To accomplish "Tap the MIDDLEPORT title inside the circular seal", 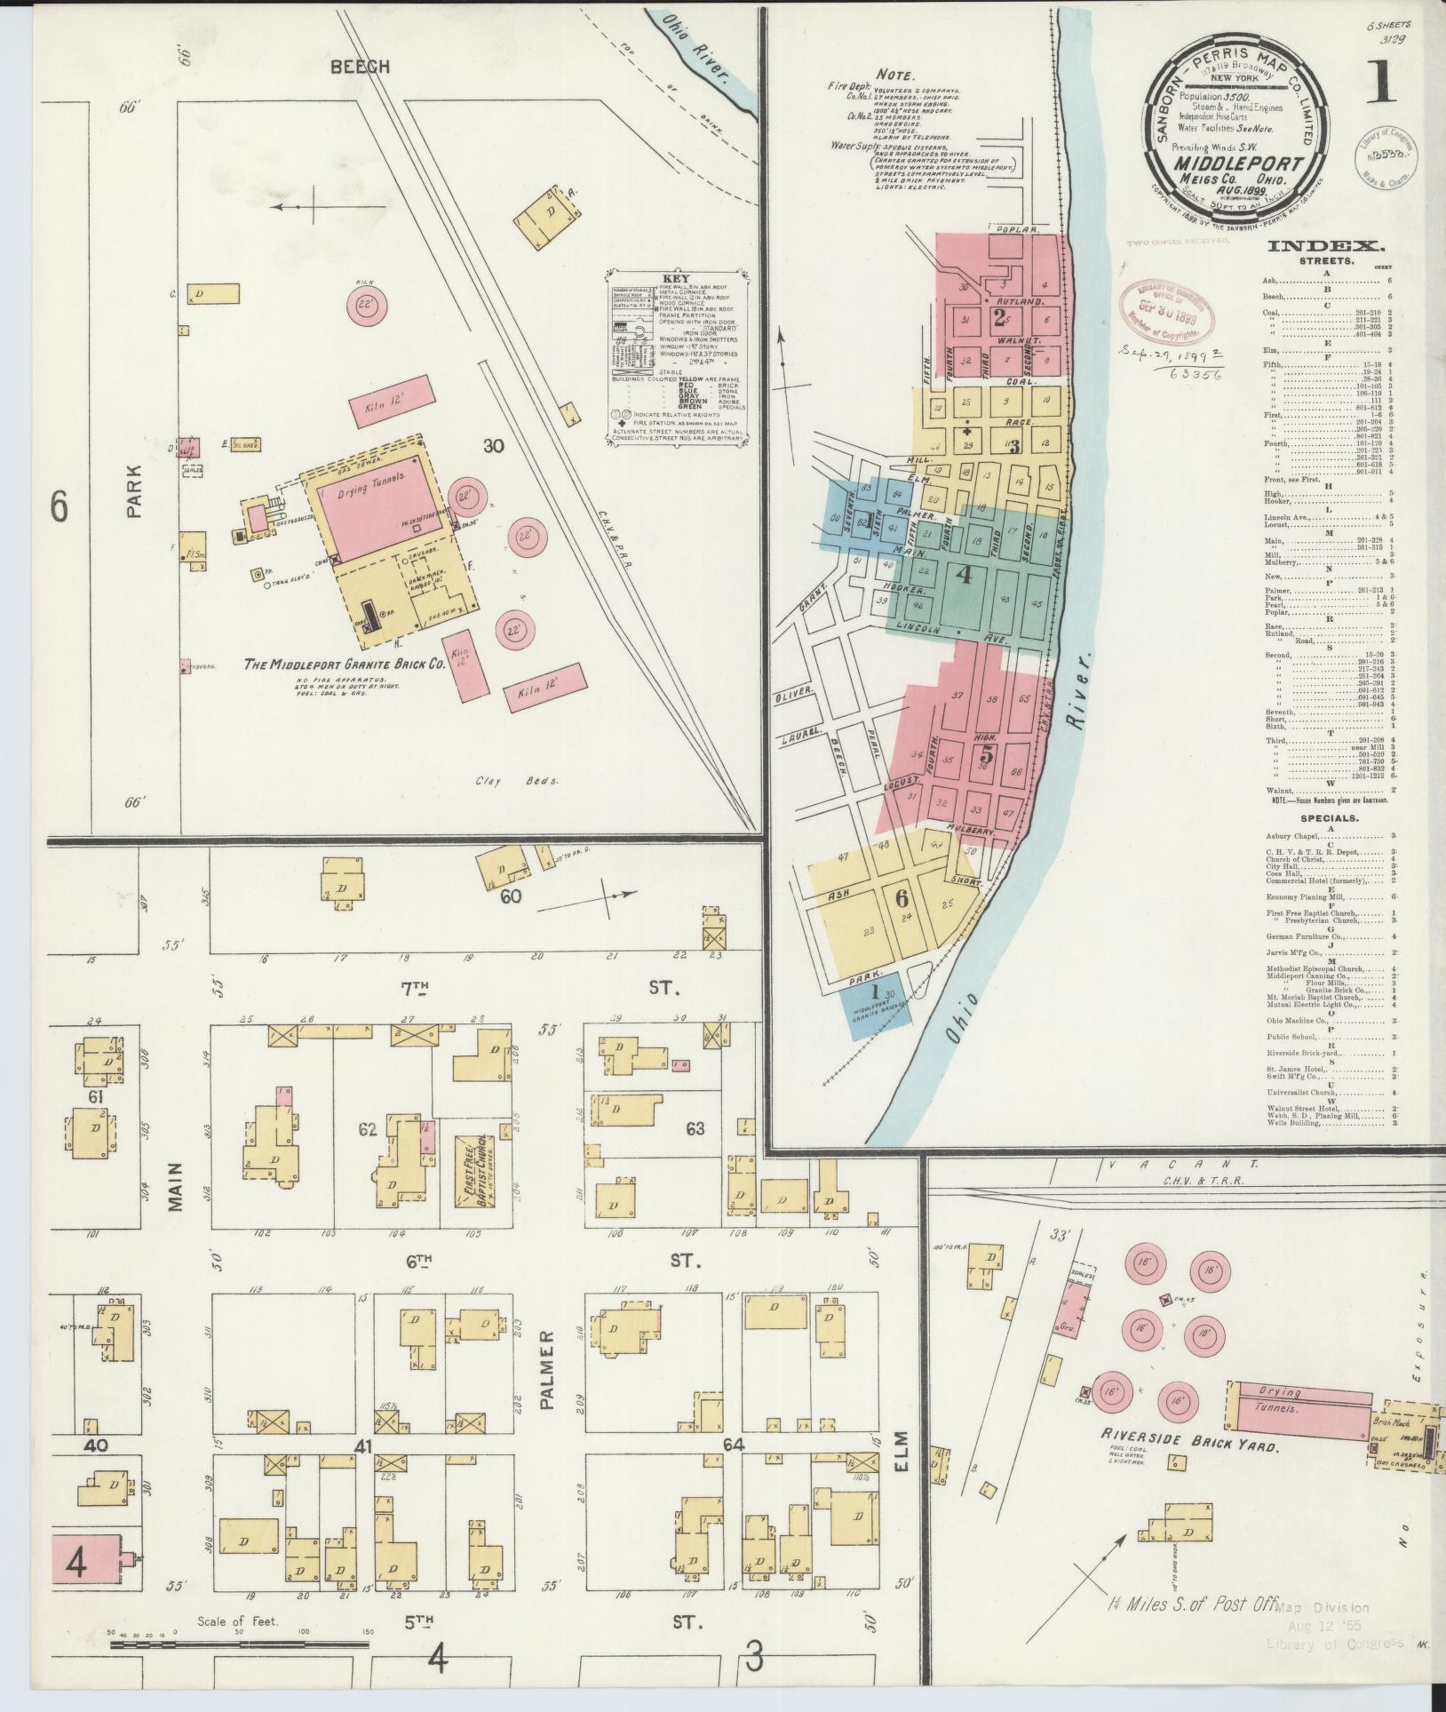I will tap(1239, 163).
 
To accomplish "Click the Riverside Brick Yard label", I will tap(1189, 1445).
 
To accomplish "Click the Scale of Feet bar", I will tap(240, 1644).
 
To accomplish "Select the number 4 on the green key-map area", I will tap(962, 575).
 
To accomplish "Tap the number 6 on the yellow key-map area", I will tap(902, 896).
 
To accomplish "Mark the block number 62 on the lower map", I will tap(367, 1130).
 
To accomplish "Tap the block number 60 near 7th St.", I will tap(510, 896).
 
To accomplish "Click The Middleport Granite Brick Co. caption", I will tap(344, 664).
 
